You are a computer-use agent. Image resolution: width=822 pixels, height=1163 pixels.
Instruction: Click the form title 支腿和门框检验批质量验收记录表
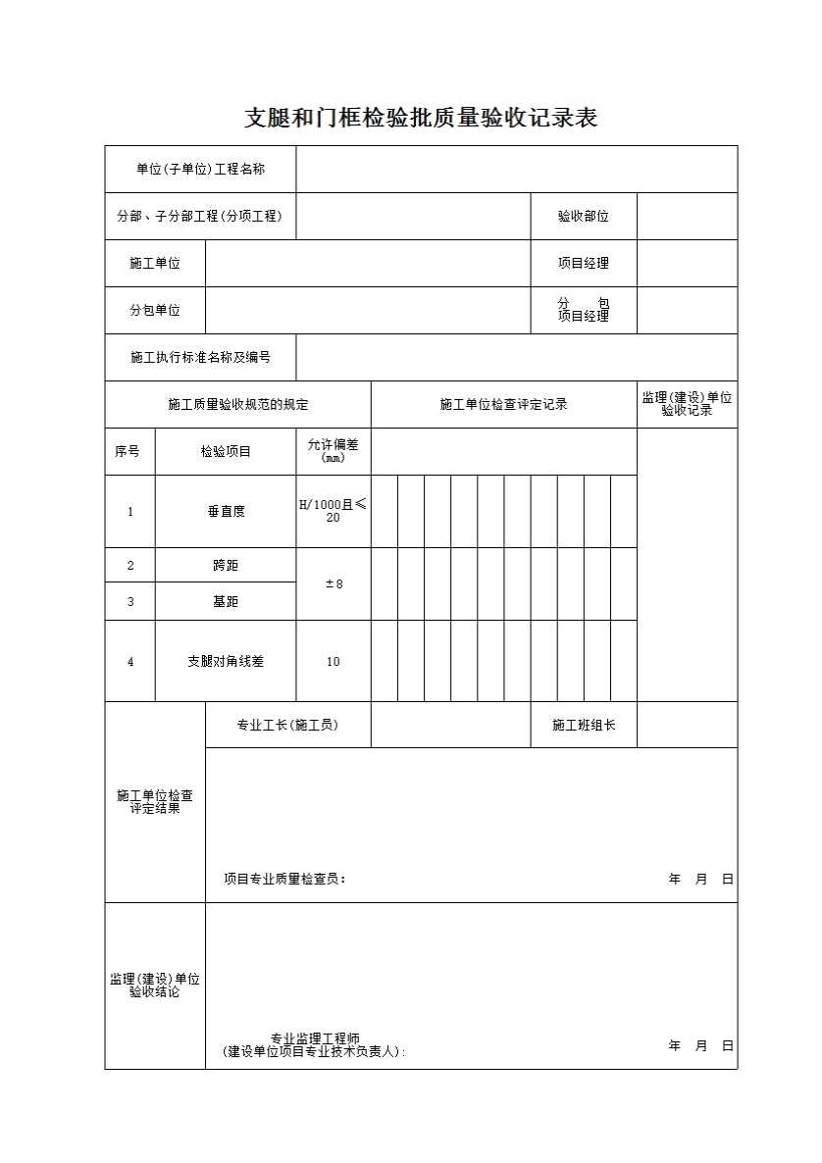click(x=421, y=119)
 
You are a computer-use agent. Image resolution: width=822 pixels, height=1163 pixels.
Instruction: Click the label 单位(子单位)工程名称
click(x=200, y=170)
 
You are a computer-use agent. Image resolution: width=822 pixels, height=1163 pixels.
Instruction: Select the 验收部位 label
click(x=584, y=217)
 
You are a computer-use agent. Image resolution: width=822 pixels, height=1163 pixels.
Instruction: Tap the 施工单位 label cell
click(x=155, y=264)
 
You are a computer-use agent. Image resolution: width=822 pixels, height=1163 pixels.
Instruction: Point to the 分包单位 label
click(x=155, y=311)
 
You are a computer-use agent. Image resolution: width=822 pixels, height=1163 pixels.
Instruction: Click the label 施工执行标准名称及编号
click(x=200, y=358)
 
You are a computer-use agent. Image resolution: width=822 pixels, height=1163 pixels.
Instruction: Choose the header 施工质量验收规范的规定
click(x=237, y=405)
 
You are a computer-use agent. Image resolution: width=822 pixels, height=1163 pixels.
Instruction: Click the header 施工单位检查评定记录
click(x=504, y=405)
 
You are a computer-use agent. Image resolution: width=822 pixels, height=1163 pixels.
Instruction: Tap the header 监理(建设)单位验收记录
click(x=687, y=404)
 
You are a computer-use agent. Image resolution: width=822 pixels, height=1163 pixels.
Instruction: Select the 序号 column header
click(x=128, y=452)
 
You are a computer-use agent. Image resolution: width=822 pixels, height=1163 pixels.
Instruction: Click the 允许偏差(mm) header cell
click(x=334, y=451)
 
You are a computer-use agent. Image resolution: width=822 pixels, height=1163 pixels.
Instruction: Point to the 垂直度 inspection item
click(x=226, y=512)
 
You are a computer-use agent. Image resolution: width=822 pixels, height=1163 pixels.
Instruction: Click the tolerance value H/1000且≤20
click(x=333, y=511)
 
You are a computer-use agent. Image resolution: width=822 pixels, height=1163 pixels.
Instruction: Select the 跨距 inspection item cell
click(x=226, y=566)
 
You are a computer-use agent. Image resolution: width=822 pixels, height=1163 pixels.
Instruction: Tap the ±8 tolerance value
click(x=334, y=584)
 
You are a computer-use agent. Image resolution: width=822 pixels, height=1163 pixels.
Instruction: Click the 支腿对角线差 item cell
click(x=226, y=662)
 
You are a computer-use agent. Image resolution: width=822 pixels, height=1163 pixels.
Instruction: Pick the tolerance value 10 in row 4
click(x=334, y=662)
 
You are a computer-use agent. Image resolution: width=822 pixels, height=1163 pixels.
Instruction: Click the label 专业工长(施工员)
click(x=287, y=726)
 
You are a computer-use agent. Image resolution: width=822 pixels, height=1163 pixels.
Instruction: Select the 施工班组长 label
click(x=584, y=726)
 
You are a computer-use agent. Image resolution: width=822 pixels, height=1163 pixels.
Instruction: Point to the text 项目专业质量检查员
click(x=284, y=880)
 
